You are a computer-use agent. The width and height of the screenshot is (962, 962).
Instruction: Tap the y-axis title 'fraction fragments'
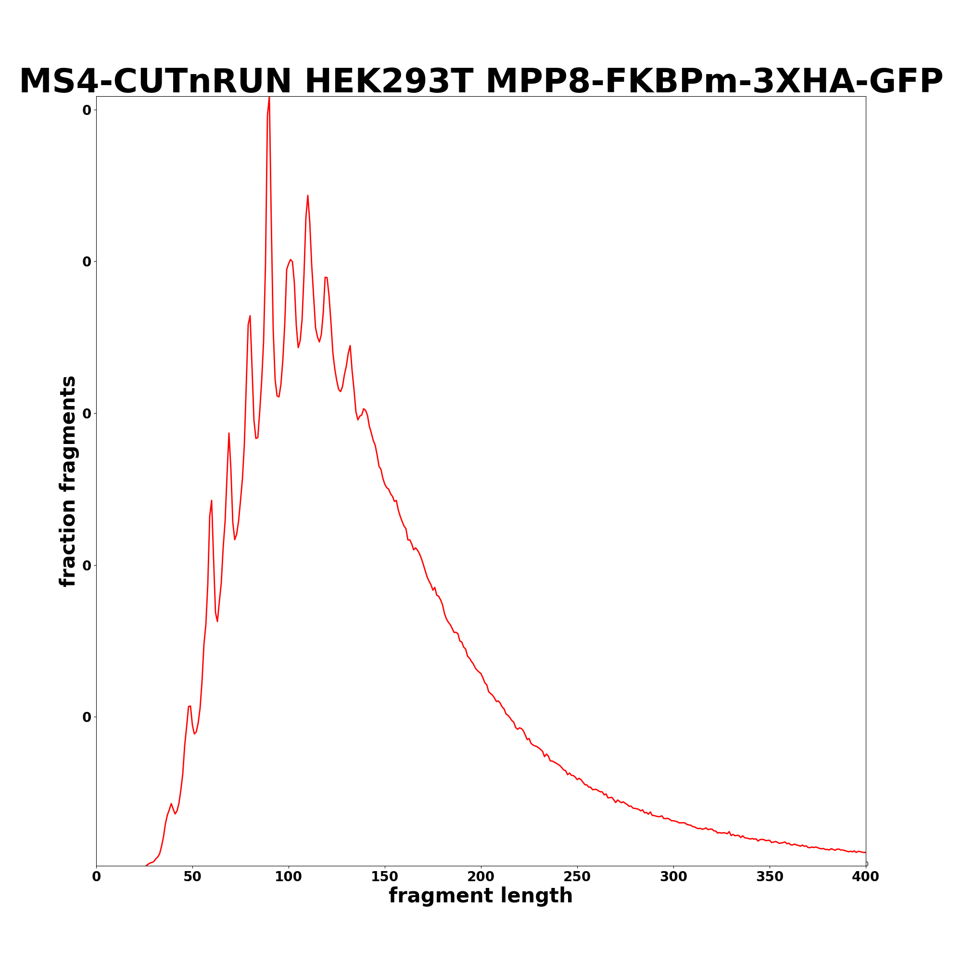pos(68,481)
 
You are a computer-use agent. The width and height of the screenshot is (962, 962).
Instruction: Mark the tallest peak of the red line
pos(269,98)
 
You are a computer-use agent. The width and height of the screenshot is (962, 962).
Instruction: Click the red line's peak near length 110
pos(308,195)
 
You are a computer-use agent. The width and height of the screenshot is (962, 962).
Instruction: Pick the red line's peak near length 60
pos(212,500)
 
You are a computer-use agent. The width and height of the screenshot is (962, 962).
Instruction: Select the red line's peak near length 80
pos(250,316)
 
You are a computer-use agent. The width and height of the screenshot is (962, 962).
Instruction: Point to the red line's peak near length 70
pos(228,433)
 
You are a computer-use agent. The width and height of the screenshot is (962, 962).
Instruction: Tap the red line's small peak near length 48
pos(190,706)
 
